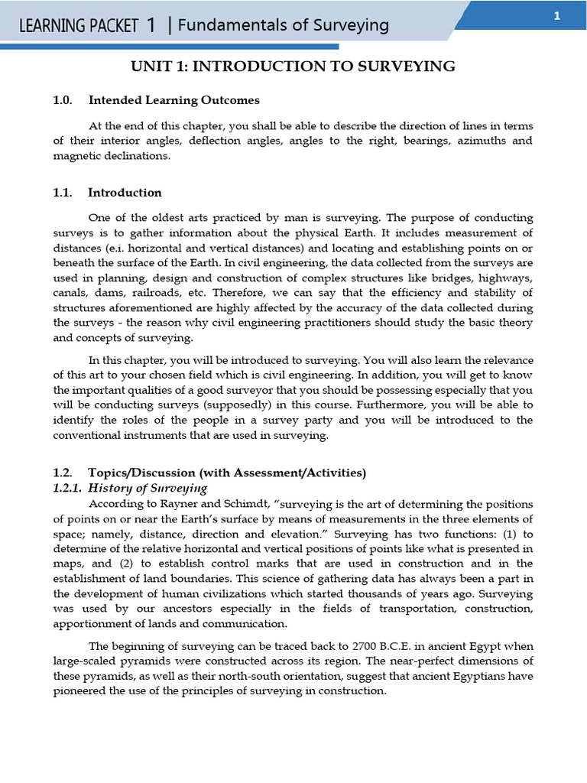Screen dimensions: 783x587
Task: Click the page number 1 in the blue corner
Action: tap(557, 16)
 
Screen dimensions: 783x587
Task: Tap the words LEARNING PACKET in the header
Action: tap(78, 26)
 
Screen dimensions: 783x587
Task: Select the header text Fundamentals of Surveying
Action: tap(284, 25)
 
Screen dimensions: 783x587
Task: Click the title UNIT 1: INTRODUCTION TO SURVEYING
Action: tap(293, 67)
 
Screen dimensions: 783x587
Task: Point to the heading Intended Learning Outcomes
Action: tap(174, 100)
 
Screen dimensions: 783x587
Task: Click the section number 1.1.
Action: tap(62, 193)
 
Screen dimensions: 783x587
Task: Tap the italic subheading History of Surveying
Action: tap(148, 488)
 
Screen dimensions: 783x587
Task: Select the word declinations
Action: tap(140, 156)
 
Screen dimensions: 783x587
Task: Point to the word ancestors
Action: tap(190, 609)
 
